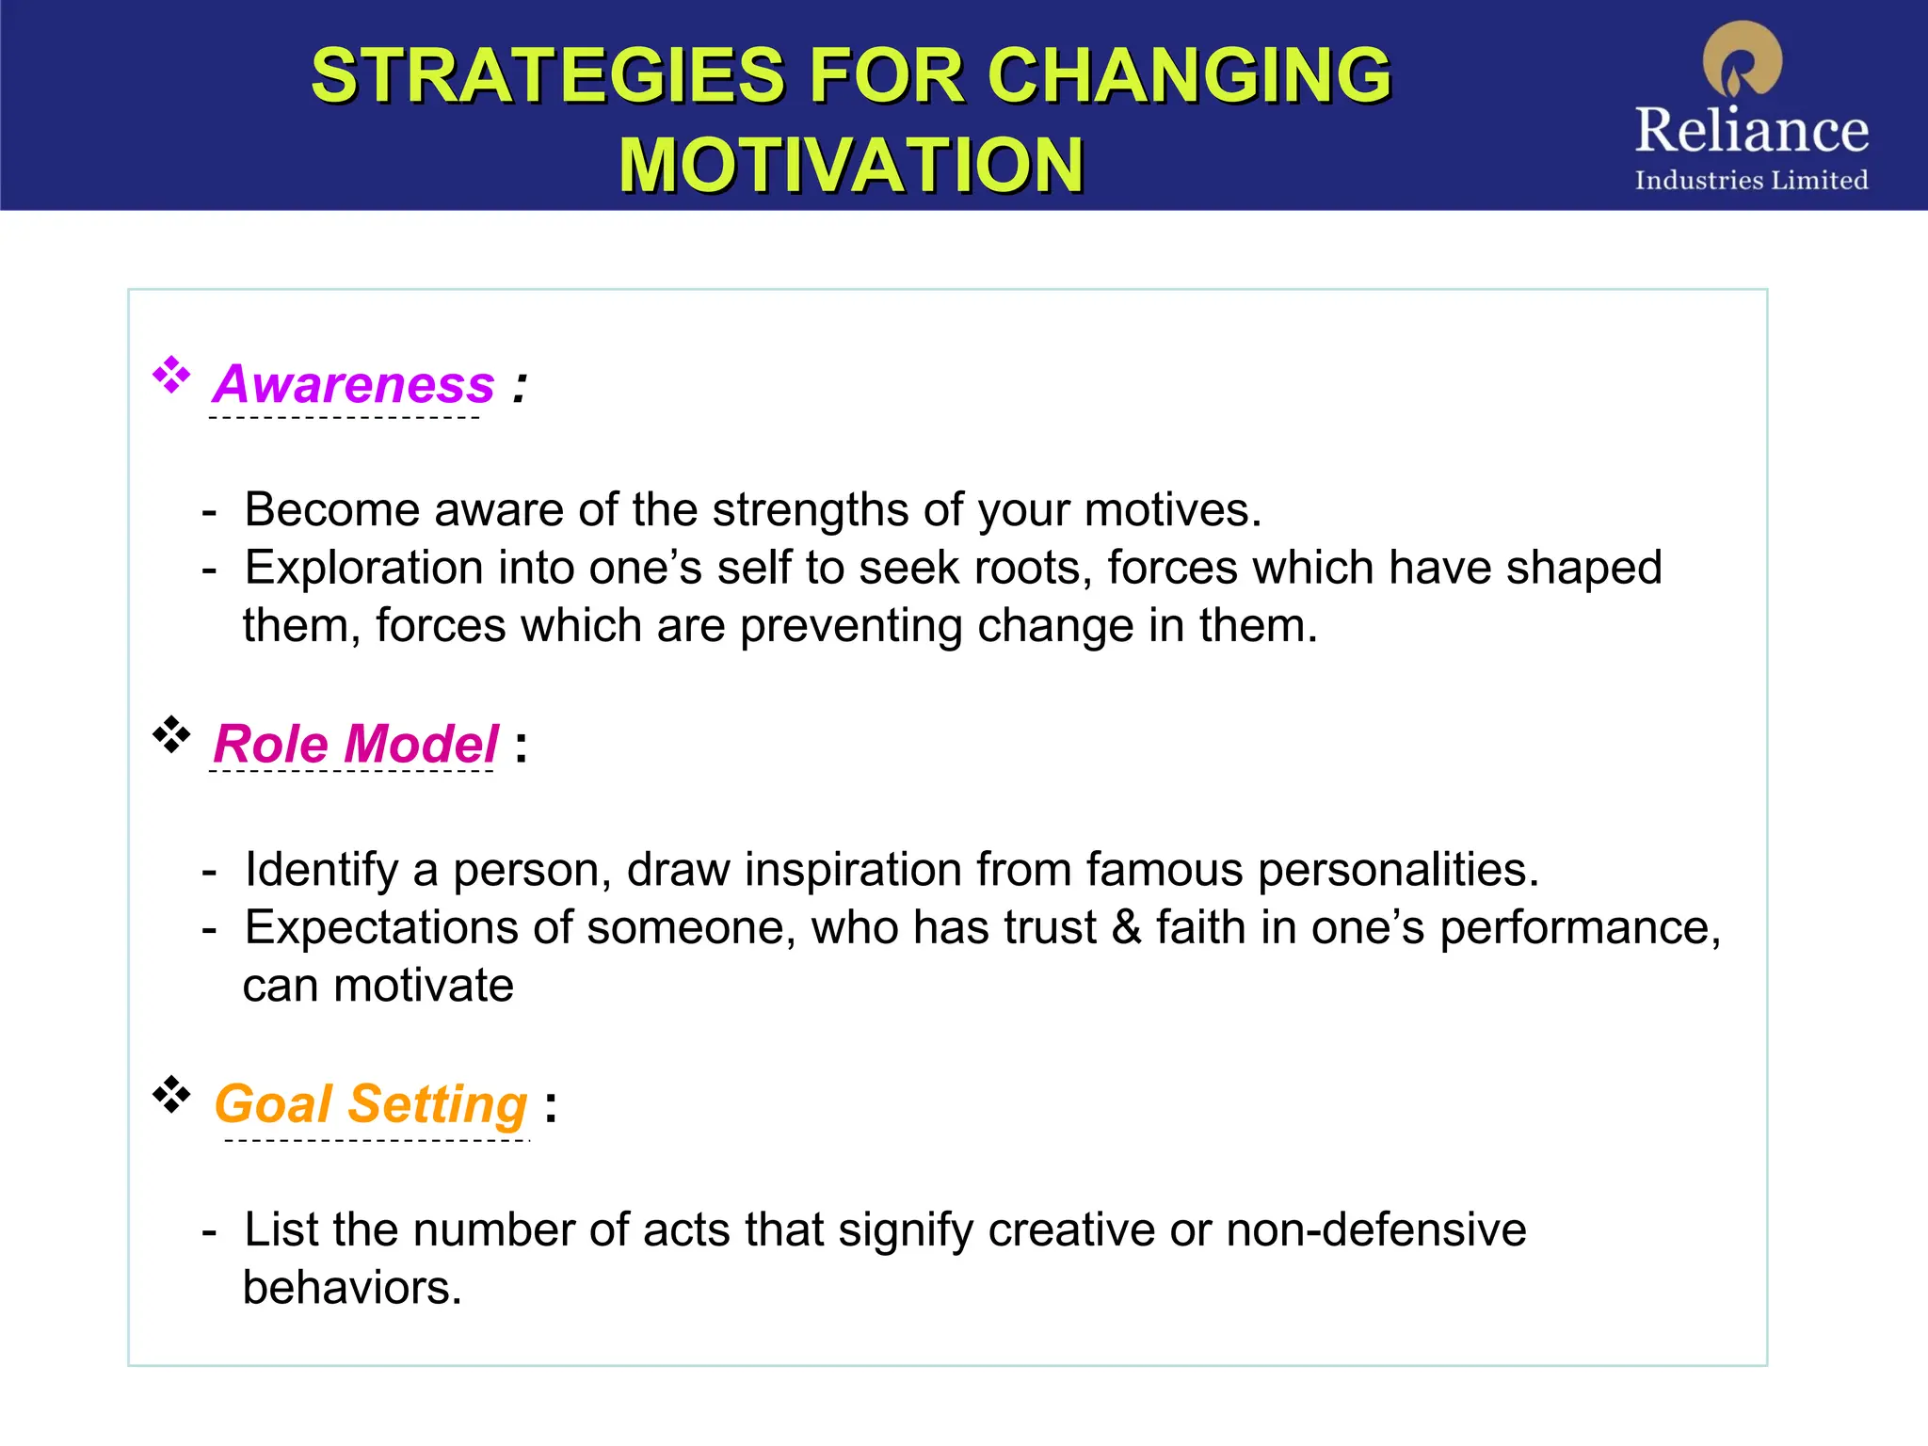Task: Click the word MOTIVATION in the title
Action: (x=851, y=166)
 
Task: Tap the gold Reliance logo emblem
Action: (x=1743, y=58)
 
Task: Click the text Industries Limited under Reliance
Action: (x=1751, y=180)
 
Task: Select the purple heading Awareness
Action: (x=354, y=384)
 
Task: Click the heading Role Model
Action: (x=356, y=744)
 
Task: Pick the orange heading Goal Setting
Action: (x=371, y=1103)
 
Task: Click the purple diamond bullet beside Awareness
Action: (x=171, y=375)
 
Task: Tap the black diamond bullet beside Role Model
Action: (x=171, y=734)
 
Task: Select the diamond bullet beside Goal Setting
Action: (x=171, y=1094)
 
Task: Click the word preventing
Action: (x=851, y=627)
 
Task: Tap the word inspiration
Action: (x=853, y=870)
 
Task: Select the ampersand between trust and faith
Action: (x=1126, y=928)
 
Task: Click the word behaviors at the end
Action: (x=352, y=1288)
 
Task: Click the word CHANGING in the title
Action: (x=1189, y=76)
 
